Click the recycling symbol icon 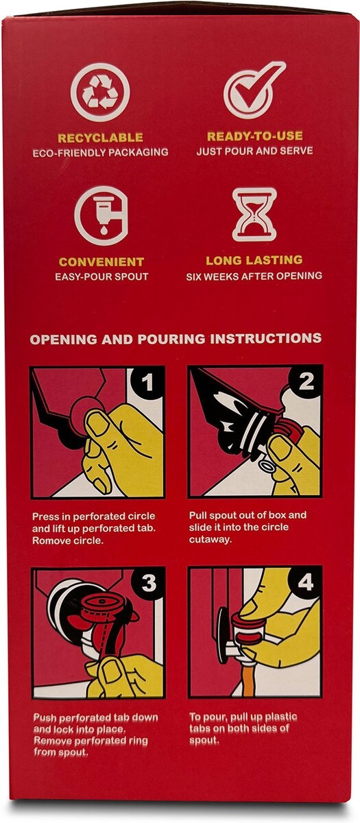pyautogui.click(x=100, y=92)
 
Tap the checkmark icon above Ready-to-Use pyautogui.click(x=254, y=89)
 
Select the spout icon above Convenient pyautogui.click(x=101, y=215)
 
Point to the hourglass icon pyautogui.click(x=254, y=215)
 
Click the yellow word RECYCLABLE pyautogui.click(x=100, y=138)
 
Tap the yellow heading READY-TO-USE pyautogui.click(x=254, y=136)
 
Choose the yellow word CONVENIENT pyautogui.click(x=101, y=262)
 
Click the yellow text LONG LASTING pyautogui.click(x=254, y=261)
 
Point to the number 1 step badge pyautogui.click(x=147, y=383)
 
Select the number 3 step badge pyautogui.click(x=148, y=583)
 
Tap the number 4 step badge pyautogui.click(x=306, y=582)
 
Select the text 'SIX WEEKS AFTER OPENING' pyautogui.click(x=254, y=276)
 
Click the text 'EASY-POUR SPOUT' pyautogui.click(x=101, y=276)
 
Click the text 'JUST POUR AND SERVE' pyautogui.click(x=254, y=151)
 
